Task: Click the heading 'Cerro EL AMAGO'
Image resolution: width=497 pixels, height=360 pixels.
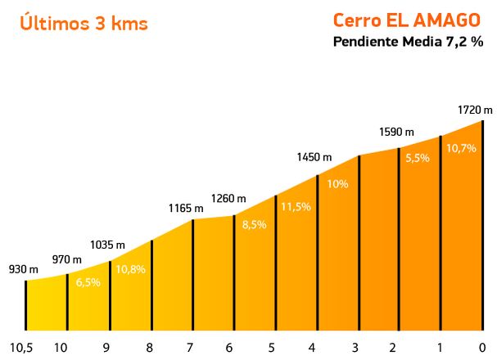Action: (406, 20)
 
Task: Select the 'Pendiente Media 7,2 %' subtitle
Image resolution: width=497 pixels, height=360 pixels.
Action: (408, 43)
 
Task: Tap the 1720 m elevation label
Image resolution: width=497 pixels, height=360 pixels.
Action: (476, 110)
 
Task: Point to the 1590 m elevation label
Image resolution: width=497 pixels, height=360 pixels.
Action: (396, 132)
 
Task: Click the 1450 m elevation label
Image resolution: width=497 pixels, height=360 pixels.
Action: (314, 157)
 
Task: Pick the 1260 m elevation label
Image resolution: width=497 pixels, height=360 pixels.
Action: (228, 198)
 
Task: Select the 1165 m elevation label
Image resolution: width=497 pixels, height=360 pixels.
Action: (187, 209)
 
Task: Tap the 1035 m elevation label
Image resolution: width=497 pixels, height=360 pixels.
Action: (108, 245)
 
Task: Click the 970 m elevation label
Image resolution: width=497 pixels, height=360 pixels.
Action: (67, 259)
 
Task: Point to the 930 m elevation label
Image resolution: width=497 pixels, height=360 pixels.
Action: (23, 269)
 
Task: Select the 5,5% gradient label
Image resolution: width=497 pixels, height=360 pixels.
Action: (417, 159)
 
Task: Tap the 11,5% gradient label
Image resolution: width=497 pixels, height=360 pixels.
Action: (296, 207)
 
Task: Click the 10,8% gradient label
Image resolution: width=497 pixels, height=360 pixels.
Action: (132, 268)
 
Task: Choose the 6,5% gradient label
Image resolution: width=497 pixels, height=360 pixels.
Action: (88, 282)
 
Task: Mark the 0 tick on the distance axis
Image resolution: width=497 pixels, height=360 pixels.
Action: (484, 347)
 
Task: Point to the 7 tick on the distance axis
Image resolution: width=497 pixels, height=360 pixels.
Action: (190, 347)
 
